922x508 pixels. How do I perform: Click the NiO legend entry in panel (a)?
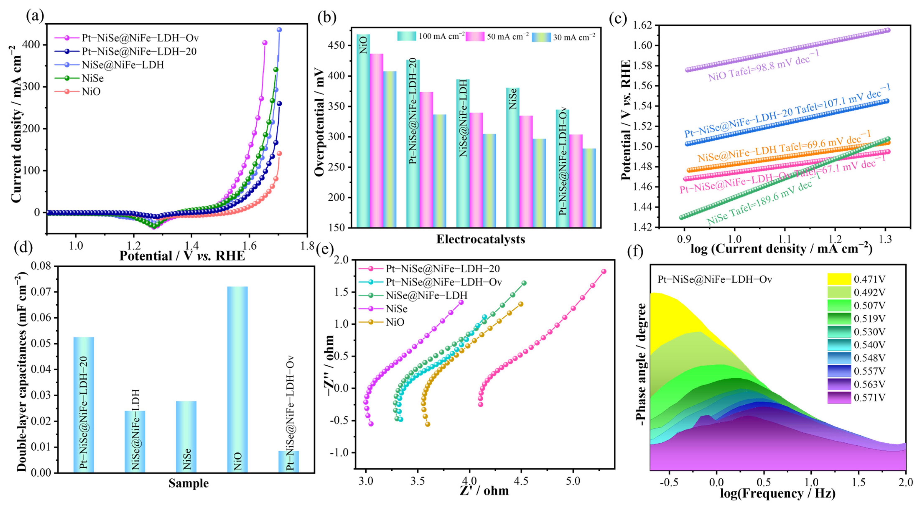[x=91, y=92]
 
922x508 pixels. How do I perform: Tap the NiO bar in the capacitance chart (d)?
[x=237, y=379]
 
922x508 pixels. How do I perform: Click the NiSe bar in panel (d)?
[x=186, y=436]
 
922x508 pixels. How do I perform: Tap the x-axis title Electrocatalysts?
[x=480, y=239]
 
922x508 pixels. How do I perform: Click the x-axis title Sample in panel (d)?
[x=189, y=483]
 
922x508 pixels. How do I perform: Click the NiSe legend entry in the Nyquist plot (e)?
[x=396, y=309]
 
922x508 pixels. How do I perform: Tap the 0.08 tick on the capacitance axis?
[x=41, y=266]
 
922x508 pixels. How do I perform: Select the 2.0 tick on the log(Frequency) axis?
[x=905, y=482]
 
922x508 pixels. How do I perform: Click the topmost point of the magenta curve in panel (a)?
[x=265, y=43]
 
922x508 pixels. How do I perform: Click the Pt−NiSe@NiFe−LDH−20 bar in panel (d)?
[x=83, y=404]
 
